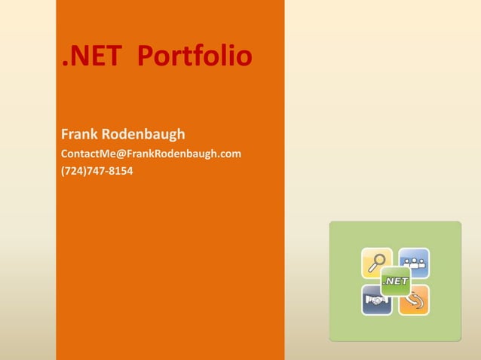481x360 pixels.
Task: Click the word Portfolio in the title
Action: [195, 57]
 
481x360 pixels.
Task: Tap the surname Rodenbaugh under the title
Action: [145, 135]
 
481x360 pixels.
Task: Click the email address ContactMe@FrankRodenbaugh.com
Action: [151, 154]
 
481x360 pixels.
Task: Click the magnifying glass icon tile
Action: [376, 263]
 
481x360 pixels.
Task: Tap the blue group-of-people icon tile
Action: [415, 262]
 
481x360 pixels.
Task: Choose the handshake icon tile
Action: [376, 300]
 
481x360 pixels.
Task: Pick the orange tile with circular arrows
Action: [415, 300]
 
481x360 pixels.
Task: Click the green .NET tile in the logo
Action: [395, 281]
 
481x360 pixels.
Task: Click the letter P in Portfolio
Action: [148, 57]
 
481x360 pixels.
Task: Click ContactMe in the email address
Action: [87, 154]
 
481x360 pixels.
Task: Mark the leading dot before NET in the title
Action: [64, 65]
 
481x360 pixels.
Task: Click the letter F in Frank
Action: [65, 135]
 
